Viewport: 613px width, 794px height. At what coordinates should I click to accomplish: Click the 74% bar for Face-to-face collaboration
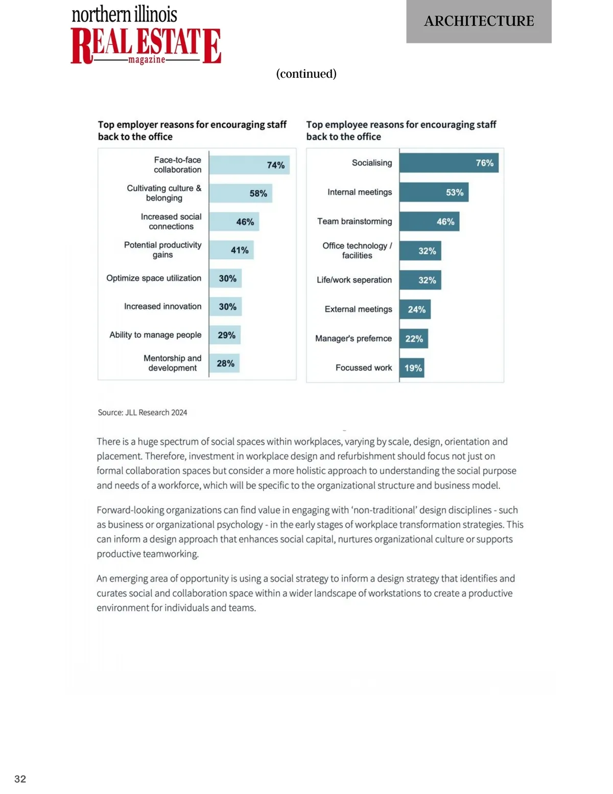click(249, 165)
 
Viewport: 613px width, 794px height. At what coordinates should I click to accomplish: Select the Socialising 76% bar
click(449, 163)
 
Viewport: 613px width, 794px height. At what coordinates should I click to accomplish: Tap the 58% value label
click(258, 193)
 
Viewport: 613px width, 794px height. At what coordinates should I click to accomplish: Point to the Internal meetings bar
click(434, 192)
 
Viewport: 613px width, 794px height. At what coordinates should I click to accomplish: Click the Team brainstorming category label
click(355, 221)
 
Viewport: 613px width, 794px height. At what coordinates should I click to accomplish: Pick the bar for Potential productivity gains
click(231, 250)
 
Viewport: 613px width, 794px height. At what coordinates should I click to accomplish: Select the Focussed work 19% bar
click(412, 368)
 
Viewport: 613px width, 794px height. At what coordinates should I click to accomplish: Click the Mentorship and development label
click(173, 363)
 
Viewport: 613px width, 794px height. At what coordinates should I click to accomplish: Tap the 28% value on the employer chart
click(225, 364)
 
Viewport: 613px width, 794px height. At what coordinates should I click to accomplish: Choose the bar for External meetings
click(415, 309)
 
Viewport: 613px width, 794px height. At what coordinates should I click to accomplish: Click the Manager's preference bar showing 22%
click(414, 338)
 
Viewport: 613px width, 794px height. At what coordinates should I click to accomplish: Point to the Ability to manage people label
click(155, 335)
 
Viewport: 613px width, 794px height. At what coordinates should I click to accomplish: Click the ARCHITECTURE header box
click(479, 21)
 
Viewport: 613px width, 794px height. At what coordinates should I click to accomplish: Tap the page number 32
click(20, 779)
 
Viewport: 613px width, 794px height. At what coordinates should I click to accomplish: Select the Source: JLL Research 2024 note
click(143, 413)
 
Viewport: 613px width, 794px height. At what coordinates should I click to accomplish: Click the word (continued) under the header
click(306, 74)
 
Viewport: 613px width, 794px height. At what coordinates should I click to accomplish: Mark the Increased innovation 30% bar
click(225, 307)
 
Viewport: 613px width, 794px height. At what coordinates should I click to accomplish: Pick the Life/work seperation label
click(354, 280)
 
